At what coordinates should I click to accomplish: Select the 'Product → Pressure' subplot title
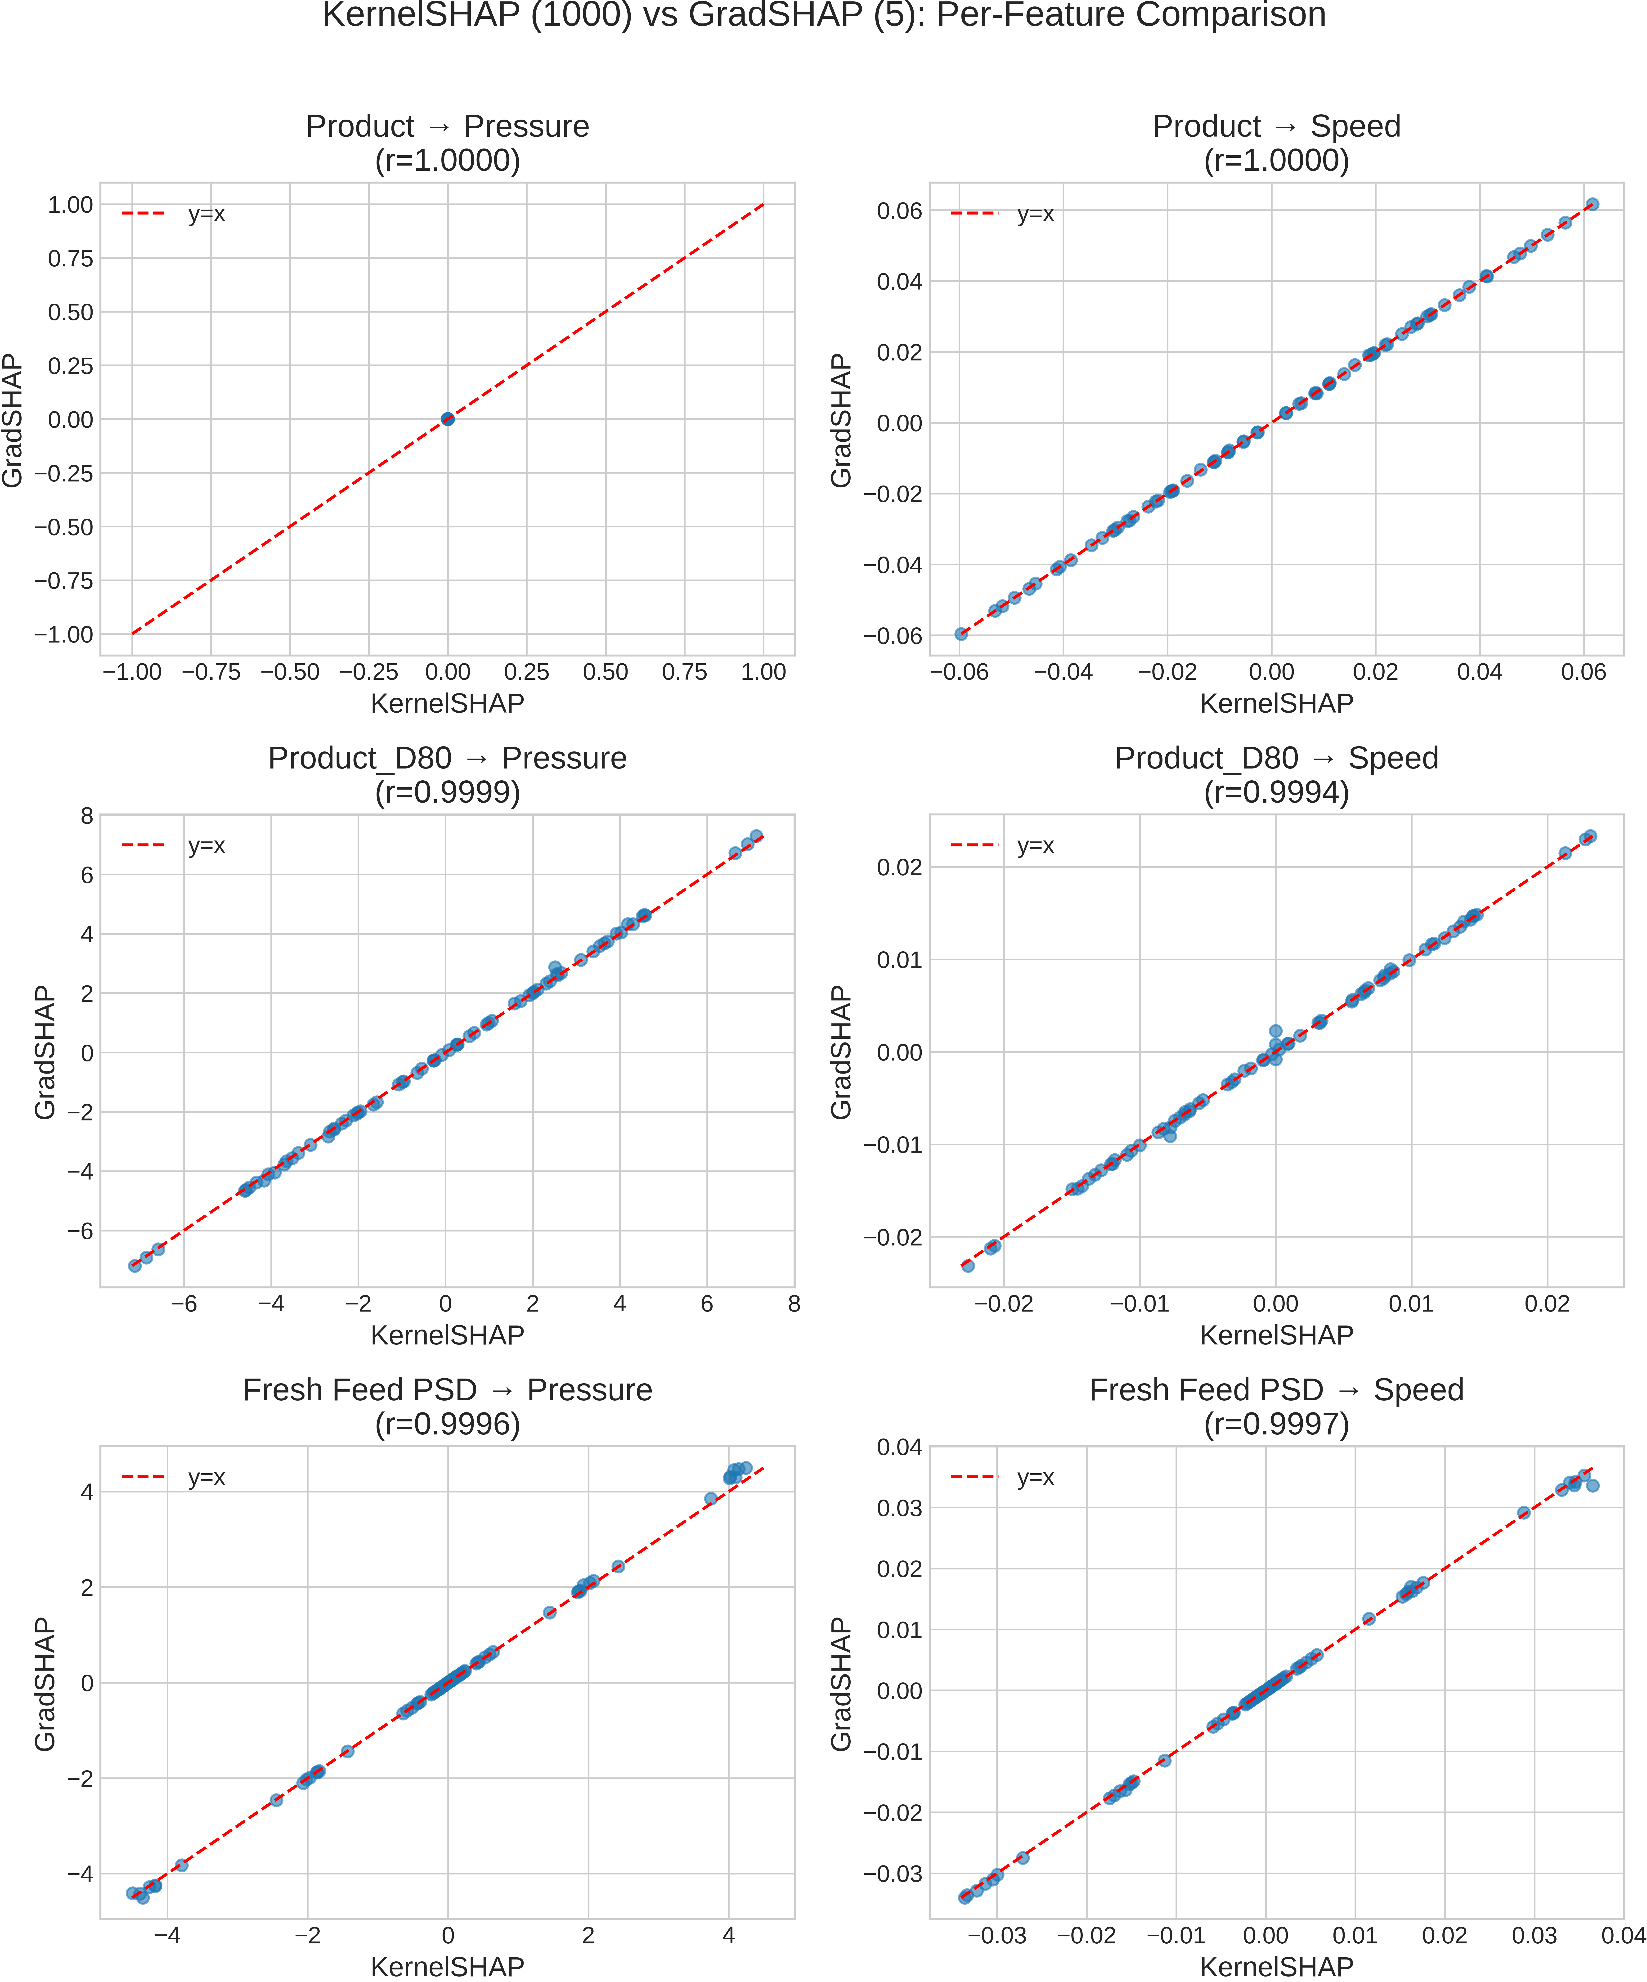tap(447, 126)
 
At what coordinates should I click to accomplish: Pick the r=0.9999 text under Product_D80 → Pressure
tap(447, 792)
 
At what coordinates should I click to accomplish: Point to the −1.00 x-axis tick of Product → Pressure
tap(132, 672)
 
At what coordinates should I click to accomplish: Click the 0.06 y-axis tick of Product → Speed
tap(899, 211)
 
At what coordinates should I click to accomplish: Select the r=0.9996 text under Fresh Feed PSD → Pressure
tap(447, 1423)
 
